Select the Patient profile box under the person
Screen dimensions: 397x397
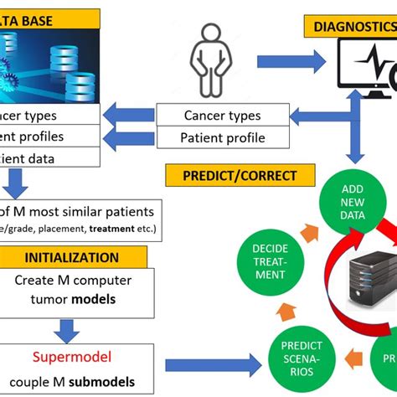[x=223, y=137]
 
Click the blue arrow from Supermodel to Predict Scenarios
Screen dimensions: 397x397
[x=214, y=364]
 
